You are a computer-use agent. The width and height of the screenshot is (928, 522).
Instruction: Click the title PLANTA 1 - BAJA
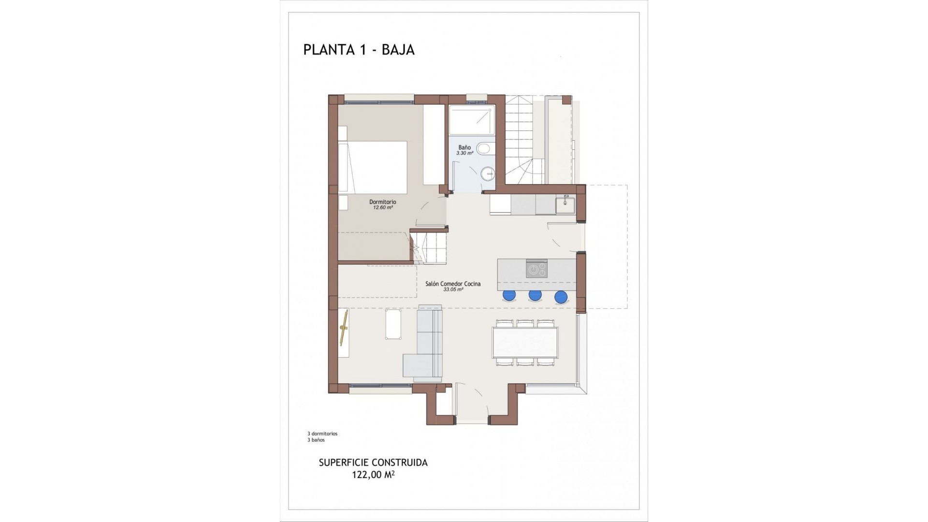(359, 50)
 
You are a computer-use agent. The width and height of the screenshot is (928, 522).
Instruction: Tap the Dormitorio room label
(382, 202)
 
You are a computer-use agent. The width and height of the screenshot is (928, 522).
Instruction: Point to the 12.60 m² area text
(382, 208)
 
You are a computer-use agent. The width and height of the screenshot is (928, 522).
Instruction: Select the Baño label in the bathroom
(464, 147)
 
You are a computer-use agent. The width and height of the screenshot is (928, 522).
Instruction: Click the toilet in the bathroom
(484, 149)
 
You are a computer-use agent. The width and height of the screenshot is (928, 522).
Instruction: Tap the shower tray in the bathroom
(472, 121)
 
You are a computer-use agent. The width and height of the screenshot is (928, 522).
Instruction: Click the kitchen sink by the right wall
(565, 205)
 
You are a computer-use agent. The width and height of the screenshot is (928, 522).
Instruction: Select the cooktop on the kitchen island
(536, 269)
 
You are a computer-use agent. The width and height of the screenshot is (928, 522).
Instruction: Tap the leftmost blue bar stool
(509, 295)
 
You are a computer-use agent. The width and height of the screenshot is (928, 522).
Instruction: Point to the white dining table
(525, 342)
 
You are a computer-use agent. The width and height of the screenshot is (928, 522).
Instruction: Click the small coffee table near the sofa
(392, 324)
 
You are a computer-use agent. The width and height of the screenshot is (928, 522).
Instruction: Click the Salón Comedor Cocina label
(453, 284)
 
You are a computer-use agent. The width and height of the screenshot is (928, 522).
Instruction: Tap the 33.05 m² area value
(453, 290)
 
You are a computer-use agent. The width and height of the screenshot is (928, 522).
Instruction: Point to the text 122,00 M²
(373, 475)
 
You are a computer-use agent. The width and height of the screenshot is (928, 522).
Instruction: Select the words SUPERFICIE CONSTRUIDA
(373, 463)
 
